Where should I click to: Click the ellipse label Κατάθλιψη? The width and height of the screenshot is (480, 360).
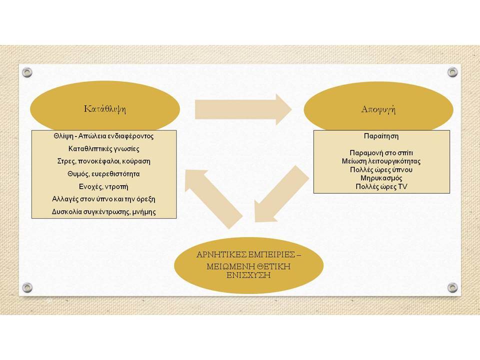pyautogui.click(x=104, y=109)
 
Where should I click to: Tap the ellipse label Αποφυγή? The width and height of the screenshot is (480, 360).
pyautogui.click(x=378, y=109)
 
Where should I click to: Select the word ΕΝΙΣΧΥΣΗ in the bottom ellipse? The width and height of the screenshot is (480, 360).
pyautogui.click(x=248, y=275)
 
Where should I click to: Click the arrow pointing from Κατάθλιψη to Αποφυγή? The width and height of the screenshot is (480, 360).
pyautogui.click(x=243, y=109)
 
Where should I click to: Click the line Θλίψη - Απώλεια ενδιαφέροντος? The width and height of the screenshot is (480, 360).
pyautogui.click(x=104, y=136)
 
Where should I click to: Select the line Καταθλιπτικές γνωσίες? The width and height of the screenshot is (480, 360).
pyautogui.click(x=104, y=149)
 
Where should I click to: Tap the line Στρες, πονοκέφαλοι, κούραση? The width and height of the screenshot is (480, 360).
pyautogui.click(x=104, y=161)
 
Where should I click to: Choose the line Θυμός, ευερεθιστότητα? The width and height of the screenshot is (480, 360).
pyautogui.click(x=104, y=174)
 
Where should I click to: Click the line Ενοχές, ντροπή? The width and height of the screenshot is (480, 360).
pyautogui.click(x=104, y=186)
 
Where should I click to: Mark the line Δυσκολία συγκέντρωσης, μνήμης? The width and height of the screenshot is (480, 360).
pyautogui.click(x=104, y=212)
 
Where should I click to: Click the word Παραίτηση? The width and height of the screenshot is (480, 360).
pyautogui.click(x=381, y=136)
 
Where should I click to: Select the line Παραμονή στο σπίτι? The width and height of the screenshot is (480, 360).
pyautogui.click(x=381, y=153)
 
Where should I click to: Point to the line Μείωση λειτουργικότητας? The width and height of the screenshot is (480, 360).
pyautogui.click(x=381, y=161)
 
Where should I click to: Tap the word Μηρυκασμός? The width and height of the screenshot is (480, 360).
pyautogui.click(x=381, y=178)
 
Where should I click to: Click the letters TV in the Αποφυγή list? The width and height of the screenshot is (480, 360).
pyautogui.click(x=402, y=186)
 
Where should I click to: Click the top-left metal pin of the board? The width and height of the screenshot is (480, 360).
pyautogui.click(x=27, y=72)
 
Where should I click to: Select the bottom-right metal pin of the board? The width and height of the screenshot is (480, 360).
pyautogui.click(x=452, y=287)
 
